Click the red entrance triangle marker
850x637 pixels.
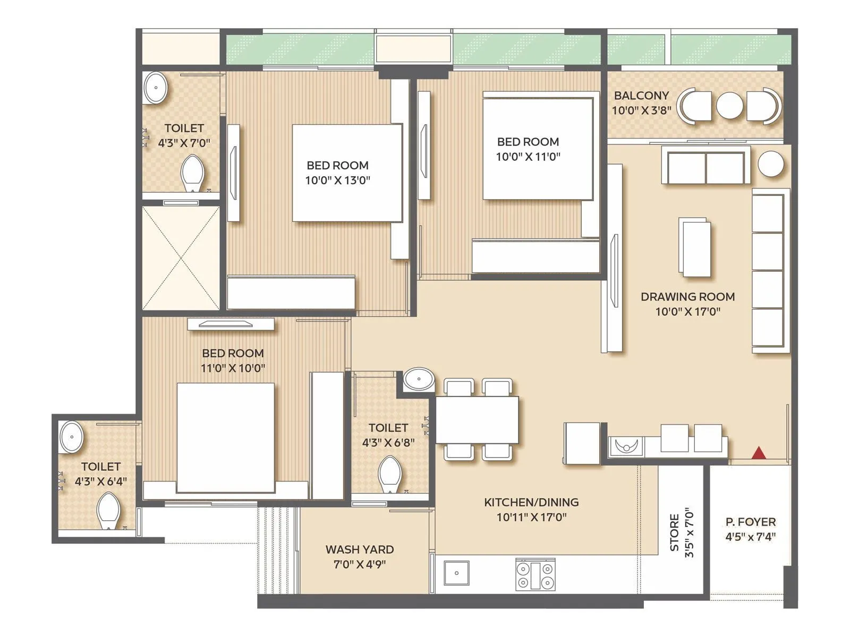(759, 452)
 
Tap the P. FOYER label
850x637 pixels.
(751, 522)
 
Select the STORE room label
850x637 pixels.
(674, 532)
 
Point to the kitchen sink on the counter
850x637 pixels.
(456, 573)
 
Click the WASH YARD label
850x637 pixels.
(360, 549)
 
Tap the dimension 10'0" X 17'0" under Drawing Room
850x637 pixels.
(687, 312)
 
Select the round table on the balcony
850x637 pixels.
(729, 106)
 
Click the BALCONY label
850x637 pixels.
(641, 96)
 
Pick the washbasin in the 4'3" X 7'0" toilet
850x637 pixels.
(156, 88)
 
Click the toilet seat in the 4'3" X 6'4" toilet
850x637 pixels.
(109, 511)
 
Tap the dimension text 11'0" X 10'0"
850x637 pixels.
(233, 368)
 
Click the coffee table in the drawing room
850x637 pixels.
(695, 247)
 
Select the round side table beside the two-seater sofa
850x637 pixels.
(770, 164)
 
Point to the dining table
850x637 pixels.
(477, 420)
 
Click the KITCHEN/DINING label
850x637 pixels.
(531, 502)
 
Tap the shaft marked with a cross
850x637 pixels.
(181, 258)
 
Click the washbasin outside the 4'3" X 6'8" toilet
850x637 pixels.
(418, 380)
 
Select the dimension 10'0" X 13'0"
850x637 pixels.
(337, 180)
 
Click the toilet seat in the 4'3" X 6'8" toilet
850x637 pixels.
(390, 475)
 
